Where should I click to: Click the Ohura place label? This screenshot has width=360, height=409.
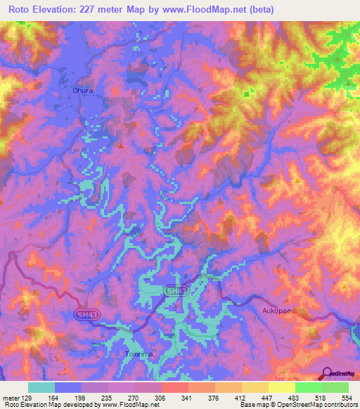tap(83, 90)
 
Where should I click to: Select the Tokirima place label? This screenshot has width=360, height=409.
tap(138, 353)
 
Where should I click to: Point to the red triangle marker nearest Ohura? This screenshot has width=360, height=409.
tap(121, 146)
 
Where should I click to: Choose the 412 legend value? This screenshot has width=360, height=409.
tap(241, 398)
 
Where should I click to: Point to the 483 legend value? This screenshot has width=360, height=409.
tap(295, 398)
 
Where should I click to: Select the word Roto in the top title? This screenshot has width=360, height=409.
tap(22, 10)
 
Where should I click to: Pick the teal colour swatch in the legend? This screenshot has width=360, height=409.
tap(41, 387)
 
